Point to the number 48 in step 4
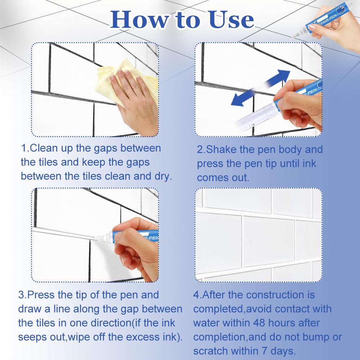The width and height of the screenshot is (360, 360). (x=259, y=323)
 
